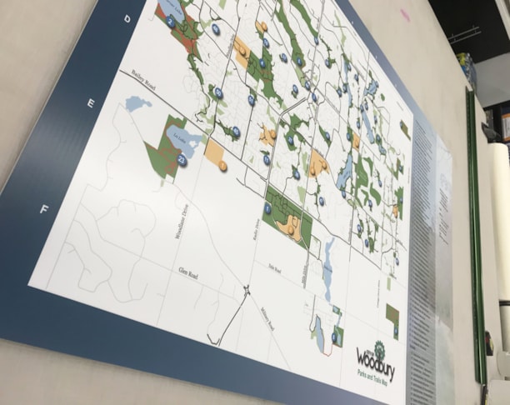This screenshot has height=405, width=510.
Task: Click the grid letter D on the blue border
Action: [127, 17]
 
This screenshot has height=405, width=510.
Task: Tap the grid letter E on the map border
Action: [90, 103]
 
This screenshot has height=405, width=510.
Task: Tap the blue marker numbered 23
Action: [182, 158]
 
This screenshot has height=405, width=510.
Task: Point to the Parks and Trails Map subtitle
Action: [373, 376]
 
